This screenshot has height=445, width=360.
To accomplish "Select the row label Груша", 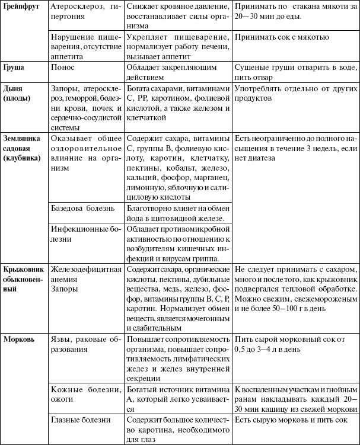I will click(x=14, y=67).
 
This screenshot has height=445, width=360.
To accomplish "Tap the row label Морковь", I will click(x=20, y=340).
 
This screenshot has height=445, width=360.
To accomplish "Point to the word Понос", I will click(x=63, y=67).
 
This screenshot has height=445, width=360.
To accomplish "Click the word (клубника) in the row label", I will click(x=22, y=158).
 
